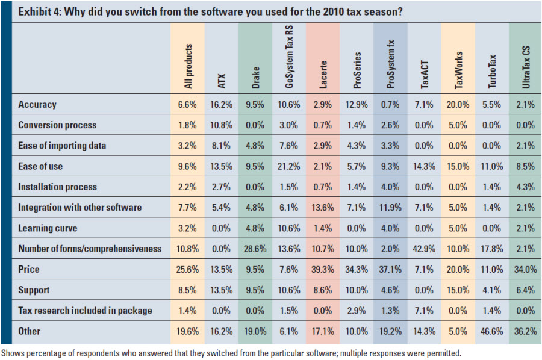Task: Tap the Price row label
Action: click(30, 269)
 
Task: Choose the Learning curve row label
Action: click(48, 228)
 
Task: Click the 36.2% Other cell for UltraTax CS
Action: click(526, 331)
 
